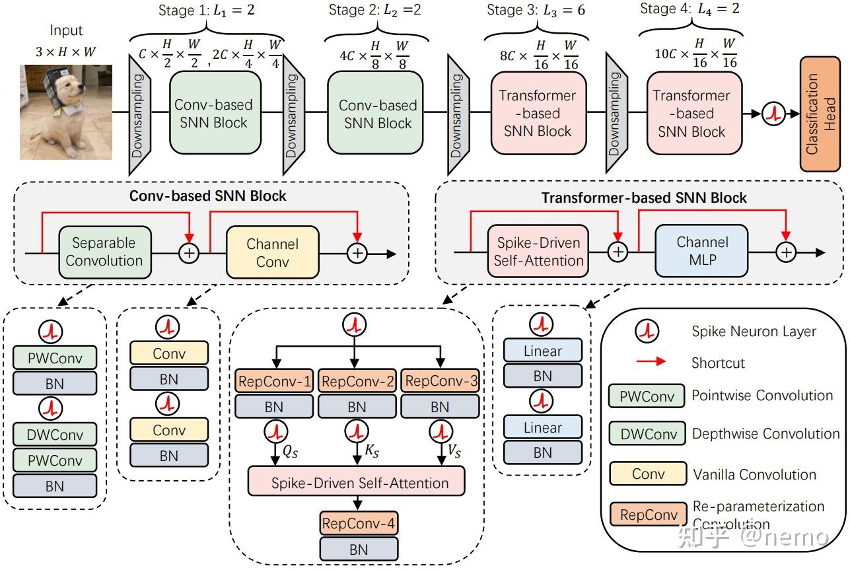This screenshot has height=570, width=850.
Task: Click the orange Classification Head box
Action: [x=820, y=114]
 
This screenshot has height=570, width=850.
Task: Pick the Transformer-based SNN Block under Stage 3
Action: [x=538, y=114]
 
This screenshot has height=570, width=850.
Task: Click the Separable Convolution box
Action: [x=104, y=252]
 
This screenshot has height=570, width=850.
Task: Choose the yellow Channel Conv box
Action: [x=272, y=252]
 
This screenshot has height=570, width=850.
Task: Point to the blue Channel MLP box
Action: [x=701, y=251]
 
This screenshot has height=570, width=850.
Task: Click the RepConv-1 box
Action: [x=273, y=381]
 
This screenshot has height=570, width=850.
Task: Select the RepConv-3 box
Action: [x=439, y=381]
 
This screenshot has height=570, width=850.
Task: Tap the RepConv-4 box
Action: [x=359, y=524]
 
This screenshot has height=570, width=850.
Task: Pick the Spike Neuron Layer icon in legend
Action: [x=647, y=332]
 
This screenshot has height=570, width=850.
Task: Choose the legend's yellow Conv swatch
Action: [x=648, y=474]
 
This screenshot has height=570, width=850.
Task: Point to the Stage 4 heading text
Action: [x=690, y=10]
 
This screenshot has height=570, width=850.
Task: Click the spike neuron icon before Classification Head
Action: [x=773, y=114]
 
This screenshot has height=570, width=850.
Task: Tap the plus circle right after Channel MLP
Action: [x=786, y=252]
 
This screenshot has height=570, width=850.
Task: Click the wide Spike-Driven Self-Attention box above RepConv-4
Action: [x=357, y=482]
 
